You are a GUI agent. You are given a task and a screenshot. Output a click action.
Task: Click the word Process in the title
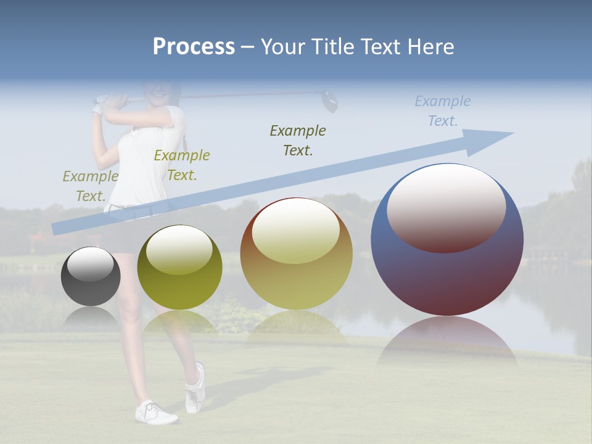pyautogui.click(x=194, y=47)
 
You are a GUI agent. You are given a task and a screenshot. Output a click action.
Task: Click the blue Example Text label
pyautogui.click(x=443, y=111)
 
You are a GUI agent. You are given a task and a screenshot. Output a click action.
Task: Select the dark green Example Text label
pyautogui.click(x=298, y=140)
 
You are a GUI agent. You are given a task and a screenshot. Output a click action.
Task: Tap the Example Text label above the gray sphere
pyautogui.click(x=90, y=186)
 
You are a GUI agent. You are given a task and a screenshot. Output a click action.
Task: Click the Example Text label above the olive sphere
pyautogui.click(x=181, y=165)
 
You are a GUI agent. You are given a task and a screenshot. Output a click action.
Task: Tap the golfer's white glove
pyautogui.click(x=97, y=110)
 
